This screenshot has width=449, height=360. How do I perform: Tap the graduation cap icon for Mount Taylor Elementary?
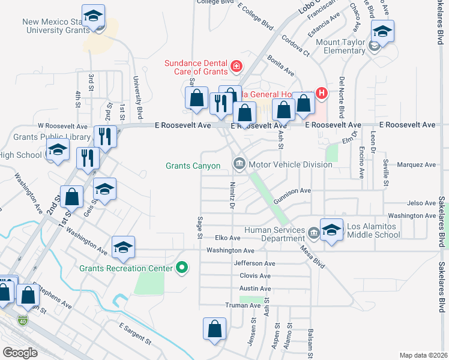tap(382, 31)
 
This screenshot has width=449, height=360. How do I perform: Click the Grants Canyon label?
tap(193, 165)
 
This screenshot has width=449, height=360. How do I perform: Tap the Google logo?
tap(20, 353)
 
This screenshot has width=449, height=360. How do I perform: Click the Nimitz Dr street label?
tap(231, 195)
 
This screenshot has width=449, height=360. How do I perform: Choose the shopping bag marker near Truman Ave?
tap(214, 329)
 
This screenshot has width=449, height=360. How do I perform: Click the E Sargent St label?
tap(135, 335)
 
